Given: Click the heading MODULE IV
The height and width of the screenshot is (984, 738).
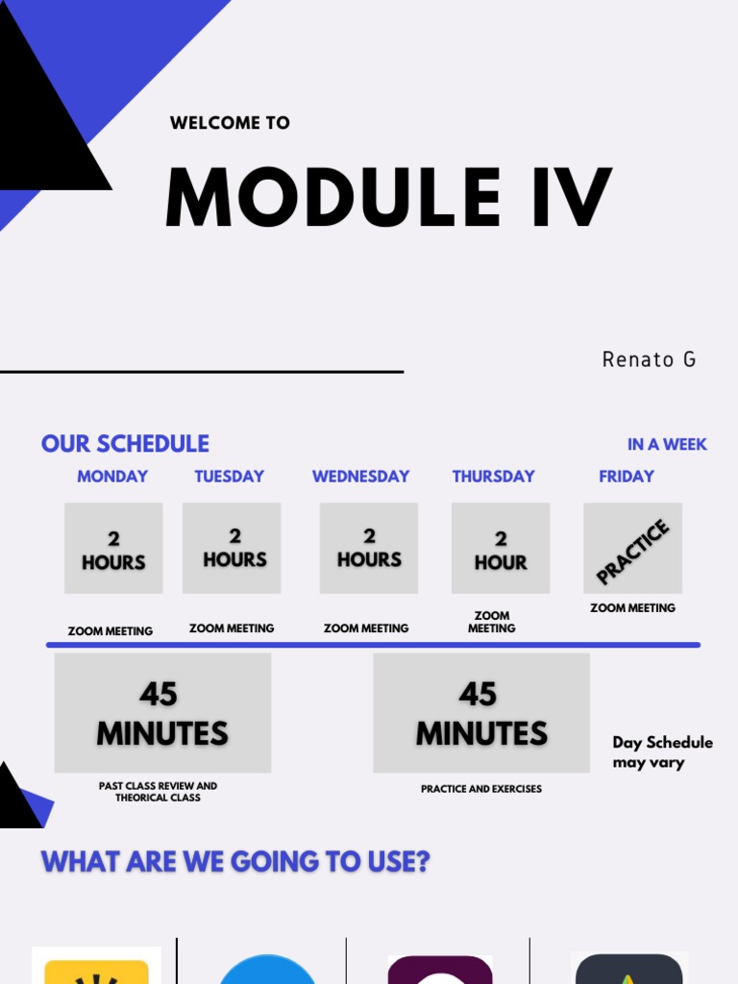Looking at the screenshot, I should pyautogui.click(x=388, y=199).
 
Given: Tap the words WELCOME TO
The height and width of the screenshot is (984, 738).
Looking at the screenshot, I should pyautogui.click(x=230, y=123).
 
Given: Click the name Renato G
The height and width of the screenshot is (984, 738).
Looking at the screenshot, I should pyautogui.click(x=649, y=359).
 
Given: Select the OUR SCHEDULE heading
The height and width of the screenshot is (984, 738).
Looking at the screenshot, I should pyautogui.click(x=125, y=444).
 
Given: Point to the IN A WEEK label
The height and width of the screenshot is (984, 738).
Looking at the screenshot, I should pyautogui.click(x=667, y=445).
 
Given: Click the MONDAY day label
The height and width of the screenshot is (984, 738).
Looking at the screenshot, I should pyautogui.click(x=112, y=477).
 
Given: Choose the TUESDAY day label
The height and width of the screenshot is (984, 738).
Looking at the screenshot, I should pyautogui.click(x=229, y=477).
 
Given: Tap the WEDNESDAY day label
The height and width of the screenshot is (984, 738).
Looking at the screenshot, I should pyautogui.click(x=360, y=477).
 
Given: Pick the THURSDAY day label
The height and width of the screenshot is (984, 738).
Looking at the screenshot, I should pyautogui.click(x=493, y=477).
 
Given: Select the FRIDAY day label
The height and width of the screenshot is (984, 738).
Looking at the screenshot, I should pyautogui.click(x=626, y=477).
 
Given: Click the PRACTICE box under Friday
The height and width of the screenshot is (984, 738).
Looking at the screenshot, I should pyautogui.click(x=632, y=549).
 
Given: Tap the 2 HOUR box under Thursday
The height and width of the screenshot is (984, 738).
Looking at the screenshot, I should pyautogui.click(x=501, y=549).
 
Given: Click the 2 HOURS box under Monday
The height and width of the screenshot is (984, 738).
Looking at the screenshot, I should pyautogui.click(x=113, y=549).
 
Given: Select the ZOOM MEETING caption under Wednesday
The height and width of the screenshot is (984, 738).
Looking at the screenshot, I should pyautogui.click(x=366, y=628).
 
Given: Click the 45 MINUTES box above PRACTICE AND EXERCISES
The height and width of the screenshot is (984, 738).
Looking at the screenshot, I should pyautogui.click(x=481, y=713).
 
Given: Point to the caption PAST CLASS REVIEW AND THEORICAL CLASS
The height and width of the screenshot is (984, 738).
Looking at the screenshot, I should pyautogui.click(x=158, y=792).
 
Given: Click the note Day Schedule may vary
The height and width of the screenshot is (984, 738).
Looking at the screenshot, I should pyautogui.click(x=662, y=752).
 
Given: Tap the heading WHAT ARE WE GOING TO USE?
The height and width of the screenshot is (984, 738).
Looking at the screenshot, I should pyautogui.click(x=235, y=862).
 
